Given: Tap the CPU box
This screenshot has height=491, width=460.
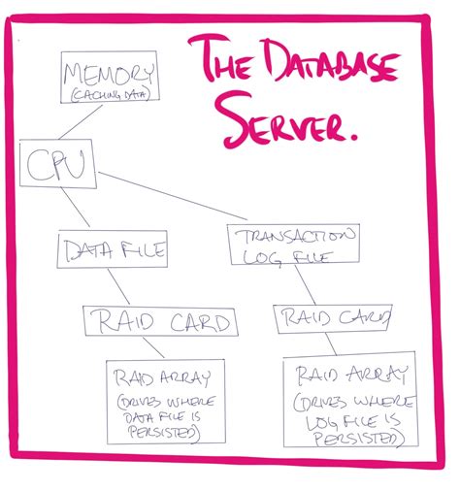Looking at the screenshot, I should (59, 167).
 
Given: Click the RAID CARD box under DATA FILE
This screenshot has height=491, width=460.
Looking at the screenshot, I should (159, 322).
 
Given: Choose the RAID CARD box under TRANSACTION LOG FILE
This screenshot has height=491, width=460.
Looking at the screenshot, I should (333, 316).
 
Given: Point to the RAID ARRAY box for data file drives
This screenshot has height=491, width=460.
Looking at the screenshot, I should (162, 402).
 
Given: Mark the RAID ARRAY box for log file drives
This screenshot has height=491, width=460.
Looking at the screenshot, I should (350, 399).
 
